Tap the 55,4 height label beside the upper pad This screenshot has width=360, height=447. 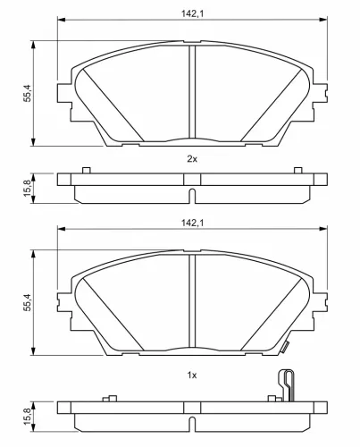(27, 92)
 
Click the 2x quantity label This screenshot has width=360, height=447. (191, 158)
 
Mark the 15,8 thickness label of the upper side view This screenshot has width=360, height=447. (27, 189)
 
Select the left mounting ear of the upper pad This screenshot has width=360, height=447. (63, 93)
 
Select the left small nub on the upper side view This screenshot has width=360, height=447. (85, 171)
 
